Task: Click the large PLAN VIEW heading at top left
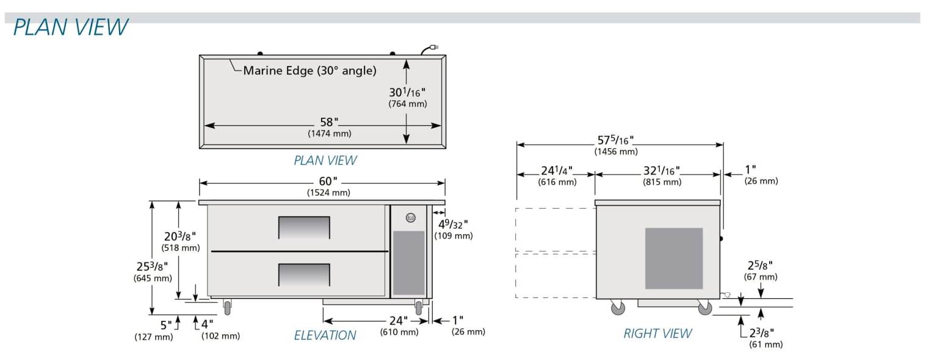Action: click(71, 27)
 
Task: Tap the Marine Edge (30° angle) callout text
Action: click(309, 71)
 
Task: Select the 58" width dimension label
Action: click(329, 123)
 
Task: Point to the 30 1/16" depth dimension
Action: click(407, 93)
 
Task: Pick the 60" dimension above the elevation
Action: click(327, 181)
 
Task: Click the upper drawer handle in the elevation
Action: click(304, 228)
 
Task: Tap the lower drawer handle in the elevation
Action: click(304, 275)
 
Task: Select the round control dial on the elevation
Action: click(410, 217)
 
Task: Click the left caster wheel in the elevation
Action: click(228, 308)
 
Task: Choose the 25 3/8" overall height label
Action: click(151, 267)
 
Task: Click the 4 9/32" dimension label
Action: click(452, 225)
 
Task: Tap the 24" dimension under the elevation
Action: click(398, 321)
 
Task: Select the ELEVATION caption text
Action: click(325, 335)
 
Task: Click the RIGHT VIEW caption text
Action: click(657, 333)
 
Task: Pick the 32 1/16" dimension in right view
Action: click(661, 171)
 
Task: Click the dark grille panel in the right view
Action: click(674, 258)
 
